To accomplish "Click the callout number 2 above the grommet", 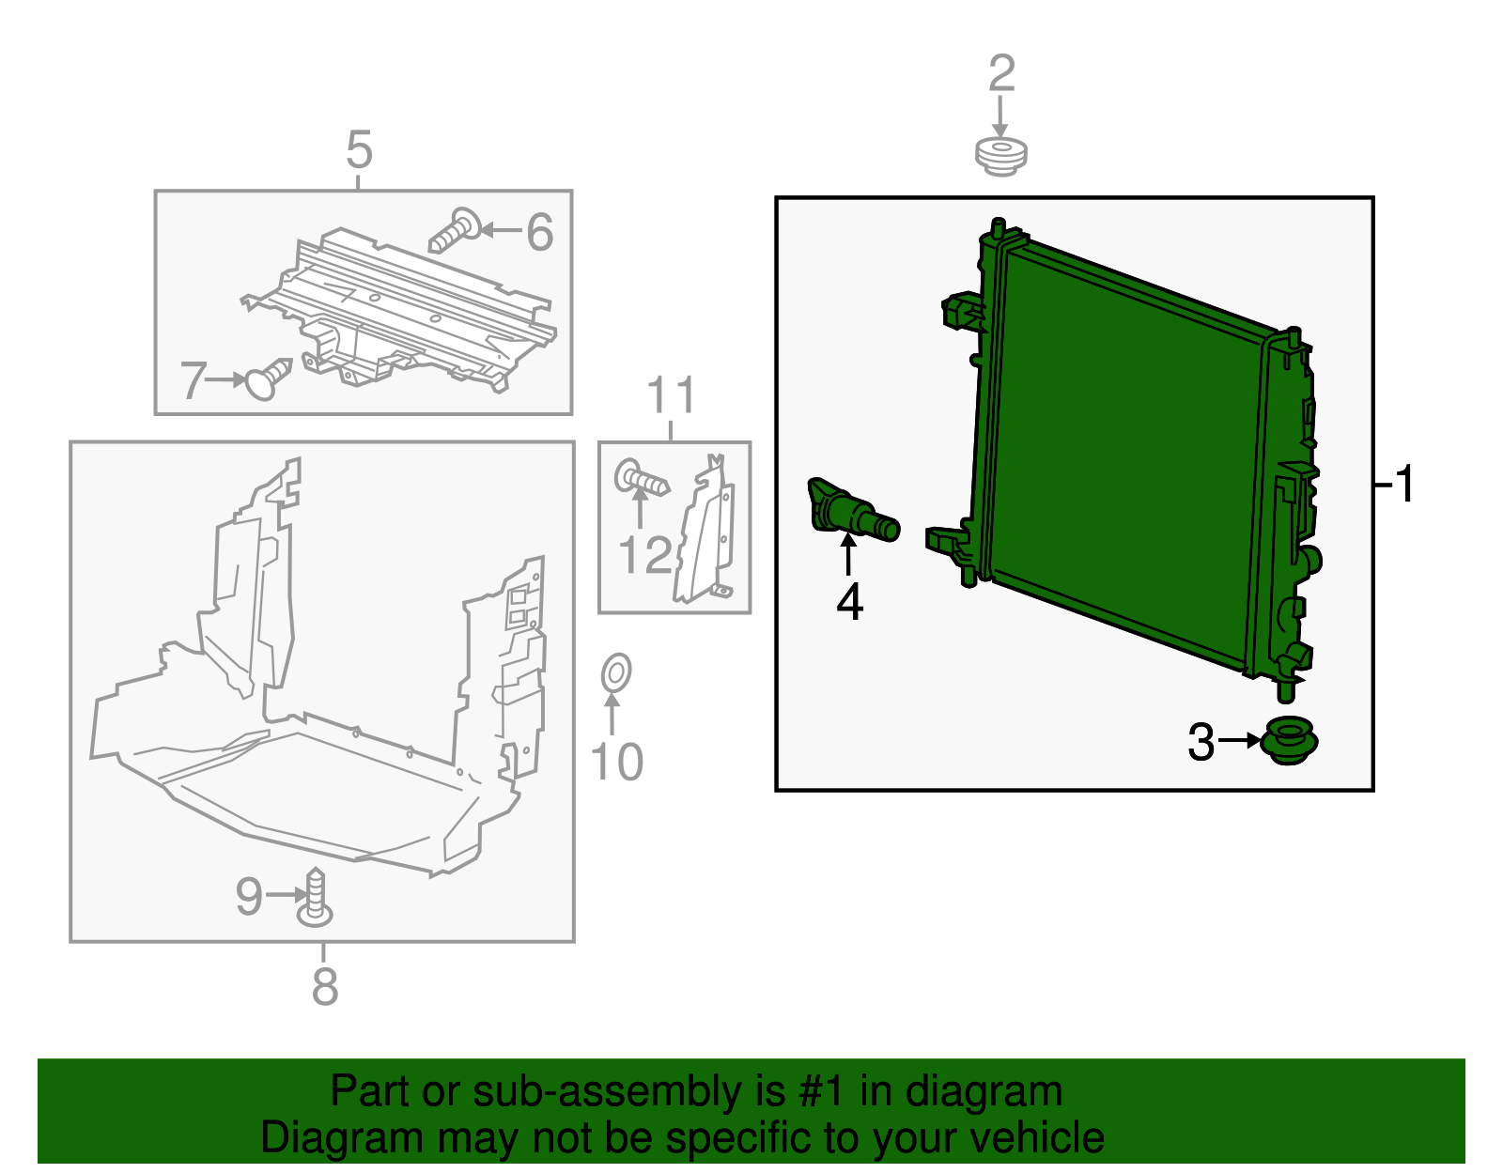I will (x=1001, y=73).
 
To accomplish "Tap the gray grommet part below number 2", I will (x=1000, y=156).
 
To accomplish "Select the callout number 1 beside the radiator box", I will (x=1403, y=485).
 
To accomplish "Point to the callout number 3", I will (x=1201, y=742).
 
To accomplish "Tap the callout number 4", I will (x=849, y=602).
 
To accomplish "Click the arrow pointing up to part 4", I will (x=848, y=553).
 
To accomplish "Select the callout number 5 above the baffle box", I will (x=359, y=150).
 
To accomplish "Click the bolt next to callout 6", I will (x=456, y=230).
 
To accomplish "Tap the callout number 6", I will (x=539, y=232).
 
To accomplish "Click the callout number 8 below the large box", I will (x=324, y=986).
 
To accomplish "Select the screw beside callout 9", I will (x=316, y=896).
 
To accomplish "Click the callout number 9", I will (x=249, y=896).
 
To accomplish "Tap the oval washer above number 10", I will (x=615, y=672).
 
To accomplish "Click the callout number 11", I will (x=672, y=395).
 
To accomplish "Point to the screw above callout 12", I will (x=642, y=480).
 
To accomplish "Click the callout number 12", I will (x=645, y=555).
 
